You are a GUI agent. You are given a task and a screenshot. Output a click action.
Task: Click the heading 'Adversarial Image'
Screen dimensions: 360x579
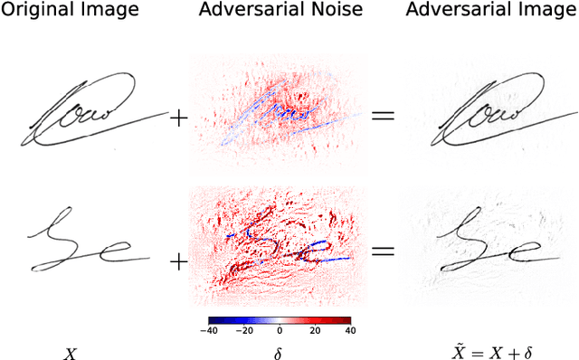pos(479,11)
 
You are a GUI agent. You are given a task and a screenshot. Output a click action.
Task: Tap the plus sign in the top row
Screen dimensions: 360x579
pos(179,118)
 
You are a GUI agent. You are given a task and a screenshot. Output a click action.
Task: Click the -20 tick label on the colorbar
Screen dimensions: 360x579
pos(245,331)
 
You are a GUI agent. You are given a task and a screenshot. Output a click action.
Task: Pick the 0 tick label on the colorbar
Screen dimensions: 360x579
pos(280,331)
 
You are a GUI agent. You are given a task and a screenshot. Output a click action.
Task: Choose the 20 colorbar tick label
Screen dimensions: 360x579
pos(315,331)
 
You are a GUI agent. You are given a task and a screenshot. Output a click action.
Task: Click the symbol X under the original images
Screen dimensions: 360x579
pos(70,354)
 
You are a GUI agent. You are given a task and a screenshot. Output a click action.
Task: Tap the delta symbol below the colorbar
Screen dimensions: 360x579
pos(279,354)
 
